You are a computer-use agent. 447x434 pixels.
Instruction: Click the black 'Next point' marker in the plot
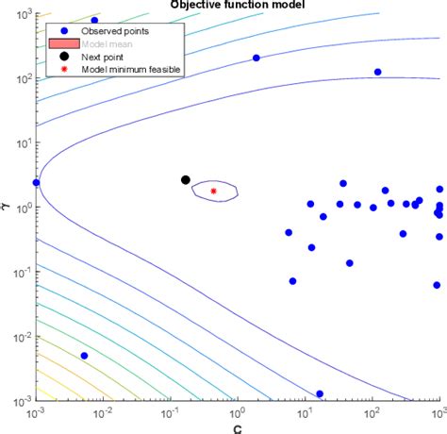(x=186, y=179)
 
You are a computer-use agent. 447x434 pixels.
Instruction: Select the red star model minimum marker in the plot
(x=213, y=191)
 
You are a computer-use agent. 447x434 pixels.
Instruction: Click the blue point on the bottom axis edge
(x=320, y=393)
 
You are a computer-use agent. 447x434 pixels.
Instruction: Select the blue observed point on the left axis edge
(x=37, y=182)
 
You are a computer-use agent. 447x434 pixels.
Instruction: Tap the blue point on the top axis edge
(x=93, y=20)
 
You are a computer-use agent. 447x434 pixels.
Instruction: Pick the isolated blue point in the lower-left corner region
(x=84, y=356)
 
